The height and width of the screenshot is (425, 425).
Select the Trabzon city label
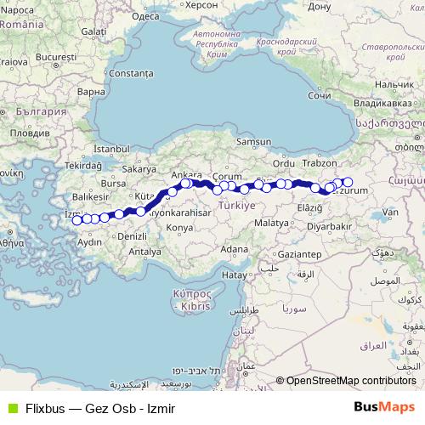tap(320, 162)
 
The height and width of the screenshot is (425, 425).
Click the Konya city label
tap(179, 228)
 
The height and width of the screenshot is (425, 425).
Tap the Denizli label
tap(133, 235)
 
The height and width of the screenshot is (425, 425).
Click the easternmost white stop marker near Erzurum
tap(347, 181)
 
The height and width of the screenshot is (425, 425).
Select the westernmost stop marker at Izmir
tap(76, 221)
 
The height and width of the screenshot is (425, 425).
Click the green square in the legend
tap(10, 407)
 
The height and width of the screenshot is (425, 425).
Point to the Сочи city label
tap(320, 96)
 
